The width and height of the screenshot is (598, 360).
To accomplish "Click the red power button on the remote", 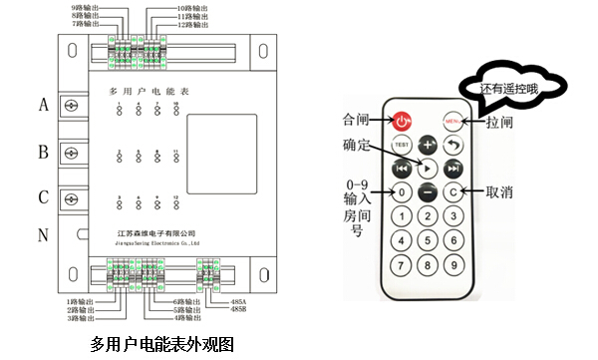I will click(x=402, y=122).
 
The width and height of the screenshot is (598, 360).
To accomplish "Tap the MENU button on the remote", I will click(x=453, y=122).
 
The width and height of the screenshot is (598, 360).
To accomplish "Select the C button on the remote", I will click(x=452, y=191).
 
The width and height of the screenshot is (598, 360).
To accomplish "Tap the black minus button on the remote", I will click(x=428, y=191).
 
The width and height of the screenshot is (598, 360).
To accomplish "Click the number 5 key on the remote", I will click(x=428, y=240).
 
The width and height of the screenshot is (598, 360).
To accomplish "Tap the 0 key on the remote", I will click(x=402, y=191).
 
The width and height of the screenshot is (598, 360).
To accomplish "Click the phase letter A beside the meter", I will click(x=43, y=104).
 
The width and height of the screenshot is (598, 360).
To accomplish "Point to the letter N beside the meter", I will click(x=43, y=237).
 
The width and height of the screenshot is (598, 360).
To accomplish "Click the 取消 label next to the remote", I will click(x=501, y=191).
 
